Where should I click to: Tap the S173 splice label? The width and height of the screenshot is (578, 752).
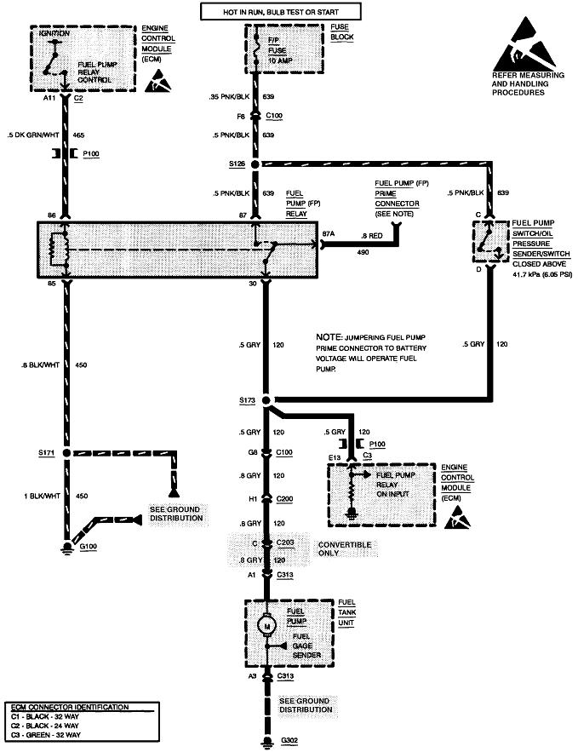point(249,399)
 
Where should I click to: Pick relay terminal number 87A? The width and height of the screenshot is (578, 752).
point(329,233)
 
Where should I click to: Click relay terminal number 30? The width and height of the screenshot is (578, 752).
point(251,284)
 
